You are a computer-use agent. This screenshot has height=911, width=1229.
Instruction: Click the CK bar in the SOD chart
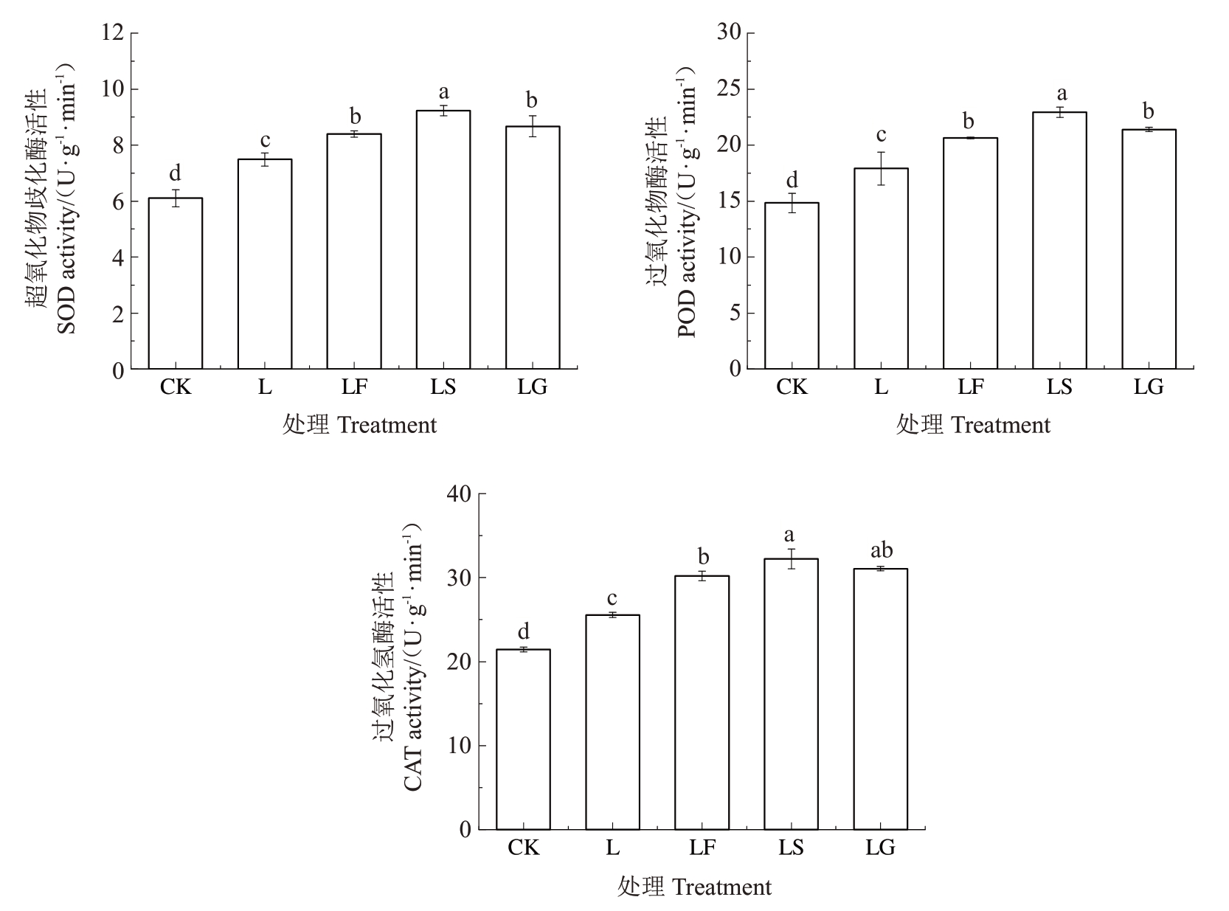176,283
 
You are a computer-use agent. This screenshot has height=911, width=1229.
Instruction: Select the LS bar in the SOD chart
443,240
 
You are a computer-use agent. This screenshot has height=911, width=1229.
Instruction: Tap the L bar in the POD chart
881,269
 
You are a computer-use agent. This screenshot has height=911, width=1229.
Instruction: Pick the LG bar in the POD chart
1149,249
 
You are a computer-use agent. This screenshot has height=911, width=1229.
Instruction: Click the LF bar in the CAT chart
702,702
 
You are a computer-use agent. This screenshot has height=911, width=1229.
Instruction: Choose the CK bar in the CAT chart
523,739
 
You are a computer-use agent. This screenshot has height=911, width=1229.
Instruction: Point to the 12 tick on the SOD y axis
114,33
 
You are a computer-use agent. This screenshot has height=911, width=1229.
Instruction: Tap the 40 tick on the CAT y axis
459,493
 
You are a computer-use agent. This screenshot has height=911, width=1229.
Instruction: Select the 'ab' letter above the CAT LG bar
881,550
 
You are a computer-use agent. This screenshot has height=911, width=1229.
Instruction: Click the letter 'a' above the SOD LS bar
443,92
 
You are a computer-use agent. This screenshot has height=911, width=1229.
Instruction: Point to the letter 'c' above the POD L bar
881,135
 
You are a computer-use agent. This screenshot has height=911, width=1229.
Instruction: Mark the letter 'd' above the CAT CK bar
523,631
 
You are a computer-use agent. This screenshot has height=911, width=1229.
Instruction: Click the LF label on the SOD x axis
354,387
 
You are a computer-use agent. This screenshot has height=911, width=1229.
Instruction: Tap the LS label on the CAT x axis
792,848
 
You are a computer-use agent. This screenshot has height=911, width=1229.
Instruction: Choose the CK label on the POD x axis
792,387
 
